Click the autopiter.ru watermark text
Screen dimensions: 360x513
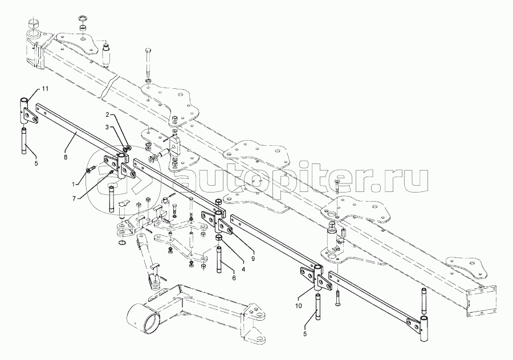pos(296,178)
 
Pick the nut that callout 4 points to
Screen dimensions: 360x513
pos(218,236)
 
